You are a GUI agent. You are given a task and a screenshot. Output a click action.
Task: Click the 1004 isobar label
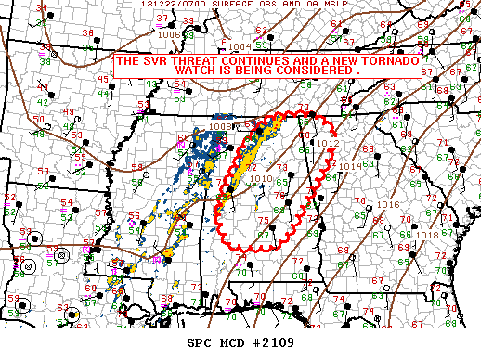pos(240,45)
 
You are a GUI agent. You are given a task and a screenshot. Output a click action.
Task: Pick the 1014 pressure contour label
pos(350,167)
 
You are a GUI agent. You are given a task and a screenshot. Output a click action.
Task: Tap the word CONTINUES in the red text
pos(250,60)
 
